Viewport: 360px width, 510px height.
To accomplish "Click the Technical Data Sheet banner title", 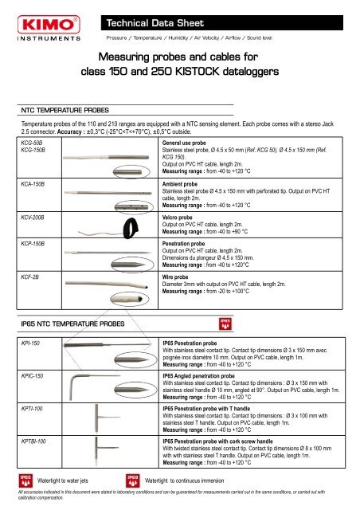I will pyautogui.click(x=149, y=18).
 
